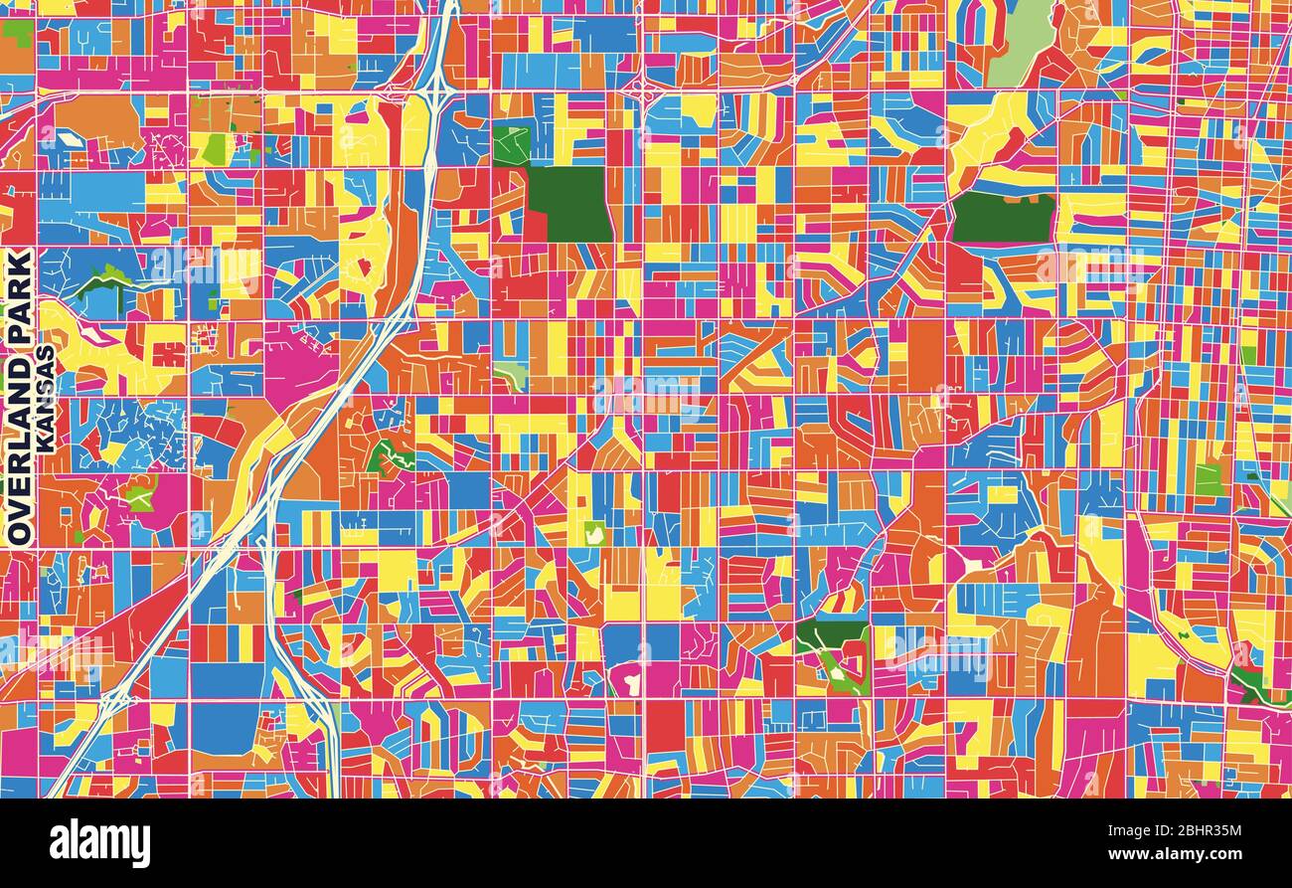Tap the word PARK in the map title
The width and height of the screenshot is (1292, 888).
click(x=20, y=293)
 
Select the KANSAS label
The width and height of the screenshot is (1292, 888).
click(x=46, y=400)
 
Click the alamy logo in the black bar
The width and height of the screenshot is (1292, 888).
click(x=99, y=843)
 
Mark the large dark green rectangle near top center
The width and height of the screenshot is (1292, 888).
click(x=568, y=204)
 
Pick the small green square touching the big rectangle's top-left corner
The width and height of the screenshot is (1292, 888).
click(x=511, y=146)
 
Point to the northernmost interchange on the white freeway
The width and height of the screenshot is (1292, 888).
click(x=435, y=94)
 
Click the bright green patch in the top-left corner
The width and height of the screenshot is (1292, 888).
click(x=18, y=32)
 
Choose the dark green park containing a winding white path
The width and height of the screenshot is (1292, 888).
click(x=833, y=656)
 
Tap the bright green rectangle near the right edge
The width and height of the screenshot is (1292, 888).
click(x=1208, y=479)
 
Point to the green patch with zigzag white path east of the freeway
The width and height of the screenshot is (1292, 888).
click(x=390, y=457)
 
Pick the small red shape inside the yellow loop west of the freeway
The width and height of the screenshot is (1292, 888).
click(x=364, y=266)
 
